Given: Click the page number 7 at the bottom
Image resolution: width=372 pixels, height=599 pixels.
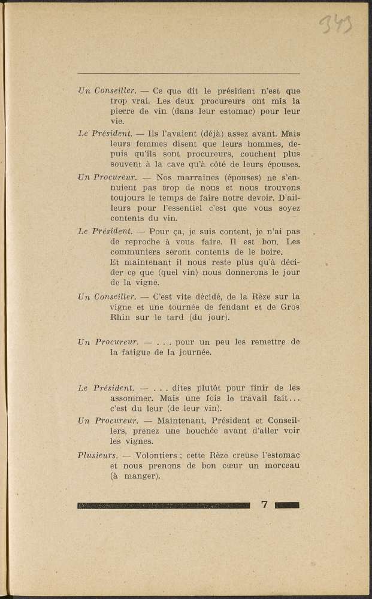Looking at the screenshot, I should [264, 504].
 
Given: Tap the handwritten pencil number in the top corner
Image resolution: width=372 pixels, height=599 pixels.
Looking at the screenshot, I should [335, 24].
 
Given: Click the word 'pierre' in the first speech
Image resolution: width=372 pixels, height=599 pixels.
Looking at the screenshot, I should [123, 111].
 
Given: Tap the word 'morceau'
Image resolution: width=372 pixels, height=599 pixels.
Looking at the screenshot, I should [279, 466].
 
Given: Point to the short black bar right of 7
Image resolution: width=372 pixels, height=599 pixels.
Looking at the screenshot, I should [287, 505].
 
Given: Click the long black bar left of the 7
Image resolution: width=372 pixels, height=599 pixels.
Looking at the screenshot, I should [164, 505].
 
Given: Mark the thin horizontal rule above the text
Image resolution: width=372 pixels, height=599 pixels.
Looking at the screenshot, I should [189, 74].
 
